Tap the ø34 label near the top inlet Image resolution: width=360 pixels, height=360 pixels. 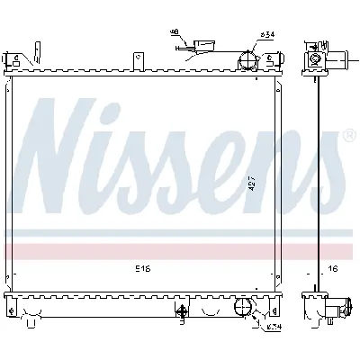pos(266,35)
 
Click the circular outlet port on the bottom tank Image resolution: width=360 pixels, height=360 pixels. pos(243,310)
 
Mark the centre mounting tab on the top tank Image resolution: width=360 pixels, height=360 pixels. pos(137,59)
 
